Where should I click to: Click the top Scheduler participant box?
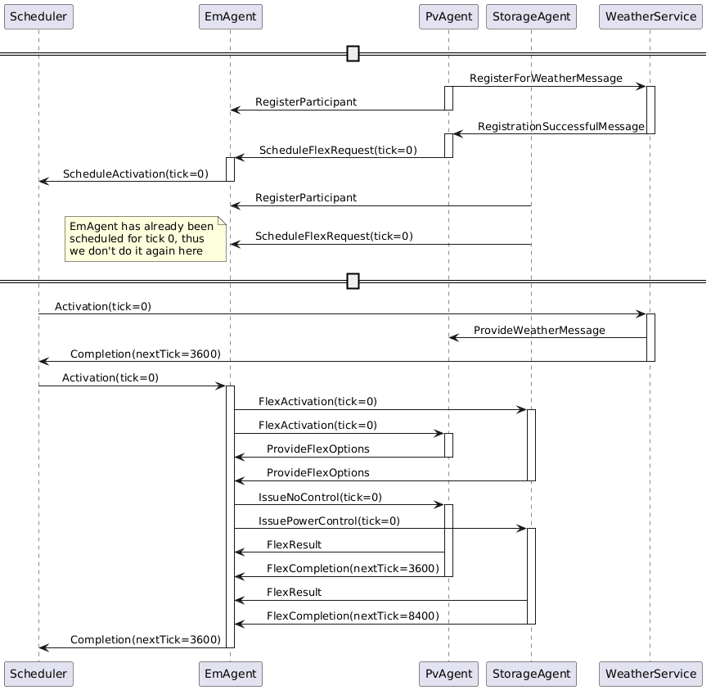(38, 16)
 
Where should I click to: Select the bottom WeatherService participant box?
(650, 674)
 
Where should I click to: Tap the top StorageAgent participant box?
(531, 16)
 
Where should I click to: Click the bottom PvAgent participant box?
(448, 674)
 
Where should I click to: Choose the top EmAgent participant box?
(230, 16)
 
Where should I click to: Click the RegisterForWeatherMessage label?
(546, 78)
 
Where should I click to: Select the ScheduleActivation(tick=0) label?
(136, 174)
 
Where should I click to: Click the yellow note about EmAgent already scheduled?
(146, 238)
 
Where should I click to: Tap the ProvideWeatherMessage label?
(539, 330)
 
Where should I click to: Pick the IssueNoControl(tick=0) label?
(320, 497)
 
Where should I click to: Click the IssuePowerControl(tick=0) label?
(329, 521)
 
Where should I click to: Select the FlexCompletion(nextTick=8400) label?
(353, 616)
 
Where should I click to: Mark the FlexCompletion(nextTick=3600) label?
(353, 568)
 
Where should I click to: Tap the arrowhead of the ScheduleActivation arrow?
(43, 181)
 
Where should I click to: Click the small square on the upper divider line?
(353, 54)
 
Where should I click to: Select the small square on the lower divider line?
(353, 282)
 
